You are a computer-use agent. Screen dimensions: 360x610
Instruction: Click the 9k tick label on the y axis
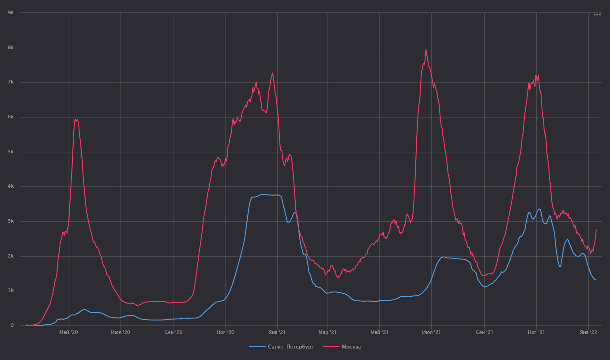pyautogui.click(x=11, y=12)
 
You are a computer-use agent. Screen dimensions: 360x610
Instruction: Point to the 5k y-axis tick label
pyautogui.click(x=11, y=152)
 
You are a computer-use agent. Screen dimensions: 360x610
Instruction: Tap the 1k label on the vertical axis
pyautogui.click(x=11, y=291)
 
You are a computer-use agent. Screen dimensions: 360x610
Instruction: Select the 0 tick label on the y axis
pyautogui.click(x=12, y=326)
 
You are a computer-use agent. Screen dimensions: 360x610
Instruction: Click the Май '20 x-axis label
pyautogui.click(x=68, y=332)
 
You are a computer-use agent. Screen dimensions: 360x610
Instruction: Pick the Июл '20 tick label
pyautogui.click(x=120, y=332)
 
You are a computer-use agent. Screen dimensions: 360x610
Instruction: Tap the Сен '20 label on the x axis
pyautogui.click(x=173, y=332)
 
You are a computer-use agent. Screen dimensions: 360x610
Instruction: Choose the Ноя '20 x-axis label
pyautogui.click(x=225, y=332)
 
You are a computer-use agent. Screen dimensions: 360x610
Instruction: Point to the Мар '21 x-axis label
pyautogui.click(x=328, y=332)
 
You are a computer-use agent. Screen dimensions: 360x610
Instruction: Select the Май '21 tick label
pyautogui.click(x=379, y=332)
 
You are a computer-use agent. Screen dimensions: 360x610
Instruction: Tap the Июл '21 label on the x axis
pyautogui.click(x=432, y=332)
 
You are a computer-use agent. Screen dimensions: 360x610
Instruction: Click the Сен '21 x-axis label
pyautogui.click(x=484, y=332)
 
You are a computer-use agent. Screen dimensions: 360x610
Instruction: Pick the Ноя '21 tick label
pyautogui.click(x=536, y=332)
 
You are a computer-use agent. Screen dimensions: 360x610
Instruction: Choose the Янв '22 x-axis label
pyautogui.click(x=588, y=332)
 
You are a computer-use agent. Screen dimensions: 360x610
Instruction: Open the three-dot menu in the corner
pyautogui.click(x=597, y=15)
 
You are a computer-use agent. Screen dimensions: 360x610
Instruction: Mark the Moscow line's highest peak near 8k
pyautogui.click(x=425, y=49)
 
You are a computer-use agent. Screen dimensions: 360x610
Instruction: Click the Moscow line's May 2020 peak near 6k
pyautogui.click(x=76, y=119)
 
